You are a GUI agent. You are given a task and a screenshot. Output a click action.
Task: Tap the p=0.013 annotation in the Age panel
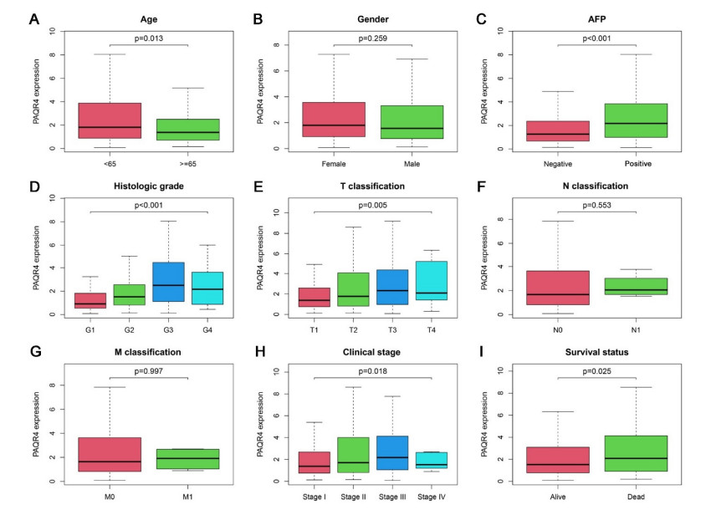tap(148, 38)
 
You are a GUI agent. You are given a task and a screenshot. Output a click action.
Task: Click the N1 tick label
tap(641, 329)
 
